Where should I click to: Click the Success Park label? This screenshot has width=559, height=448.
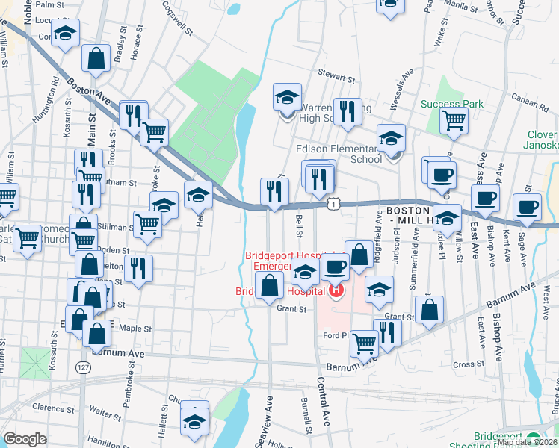click(451, 104)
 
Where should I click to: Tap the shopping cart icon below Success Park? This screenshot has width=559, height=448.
click(454, 121)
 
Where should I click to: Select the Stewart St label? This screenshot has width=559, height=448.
click(334, 76)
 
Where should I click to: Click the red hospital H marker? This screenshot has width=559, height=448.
click(336, 289)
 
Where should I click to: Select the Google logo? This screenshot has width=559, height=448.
click(25, 439)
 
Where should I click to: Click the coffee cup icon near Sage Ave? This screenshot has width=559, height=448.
click(527, 206)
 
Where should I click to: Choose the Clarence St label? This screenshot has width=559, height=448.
click(48, 408)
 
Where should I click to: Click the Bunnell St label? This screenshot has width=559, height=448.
click(306, 414)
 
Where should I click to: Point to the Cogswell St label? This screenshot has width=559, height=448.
click(176, 12)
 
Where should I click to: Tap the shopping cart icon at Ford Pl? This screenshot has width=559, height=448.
click(364, 343)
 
